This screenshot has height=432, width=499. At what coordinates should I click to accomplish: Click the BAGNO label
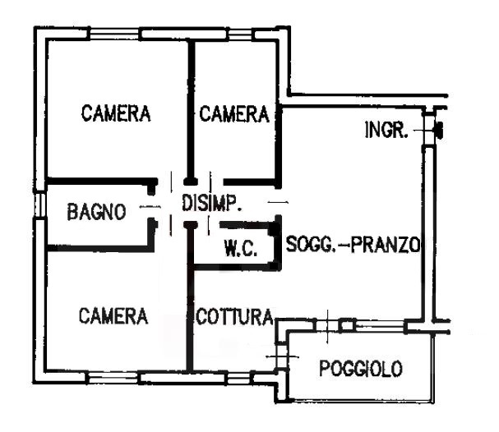tap(97, 212)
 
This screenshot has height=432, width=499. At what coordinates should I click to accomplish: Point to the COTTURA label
tap(233, 316)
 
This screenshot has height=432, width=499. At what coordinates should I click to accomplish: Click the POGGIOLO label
tap(362, 369)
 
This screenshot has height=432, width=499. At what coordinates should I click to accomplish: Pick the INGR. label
tap(385, 131)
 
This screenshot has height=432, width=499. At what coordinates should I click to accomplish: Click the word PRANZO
tap(386, 244)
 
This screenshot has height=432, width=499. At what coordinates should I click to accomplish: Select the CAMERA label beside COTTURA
tap(114, 315)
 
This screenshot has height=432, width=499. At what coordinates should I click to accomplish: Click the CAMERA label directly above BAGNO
tap(116, 113)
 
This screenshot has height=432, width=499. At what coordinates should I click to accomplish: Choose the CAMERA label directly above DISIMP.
tap(234, 113)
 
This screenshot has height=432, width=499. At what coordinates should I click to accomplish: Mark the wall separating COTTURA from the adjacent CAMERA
tap(191, 320)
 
